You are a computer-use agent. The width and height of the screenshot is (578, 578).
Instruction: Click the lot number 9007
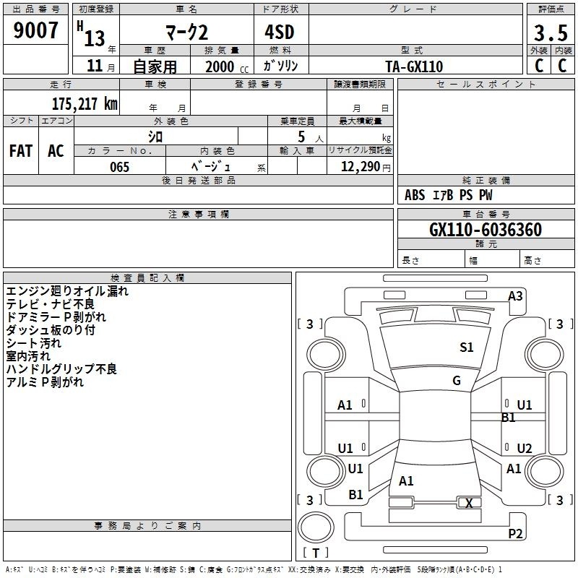[x=36, y=30]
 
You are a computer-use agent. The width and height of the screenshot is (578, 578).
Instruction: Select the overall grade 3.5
[x=550, y=33]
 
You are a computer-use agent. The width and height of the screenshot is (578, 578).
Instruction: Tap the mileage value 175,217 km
[x=85, y=103]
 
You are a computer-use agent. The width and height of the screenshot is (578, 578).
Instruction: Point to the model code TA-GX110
[x=414, y=66]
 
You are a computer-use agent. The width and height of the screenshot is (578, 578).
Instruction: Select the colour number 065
[x=119, y=167]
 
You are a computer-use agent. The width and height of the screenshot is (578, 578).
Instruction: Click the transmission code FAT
[x=20, y=151]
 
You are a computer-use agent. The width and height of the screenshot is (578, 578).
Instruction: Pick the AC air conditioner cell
[x=56, y=151]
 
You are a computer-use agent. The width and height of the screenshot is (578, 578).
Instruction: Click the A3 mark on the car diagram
[x=515, y=296]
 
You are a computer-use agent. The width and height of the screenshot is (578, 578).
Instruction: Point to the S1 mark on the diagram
[x=467, y=348]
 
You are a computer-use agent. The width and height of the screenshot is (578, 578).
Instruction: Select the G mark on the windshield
[x=457, y=381]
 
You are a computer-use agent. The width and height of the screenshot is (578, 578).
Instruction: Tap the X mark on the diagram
[x=470, y=504]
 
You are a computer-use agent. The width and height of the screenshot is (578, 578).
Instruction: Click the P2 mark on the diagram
[x=515, y=534]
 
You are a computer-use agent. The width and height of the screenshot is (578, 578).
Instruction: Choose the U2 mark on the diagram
[x=525, y=448]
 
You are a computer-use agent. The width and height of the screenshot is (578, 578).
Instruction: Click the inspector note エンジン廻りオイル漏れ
[x=67, y=291]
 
